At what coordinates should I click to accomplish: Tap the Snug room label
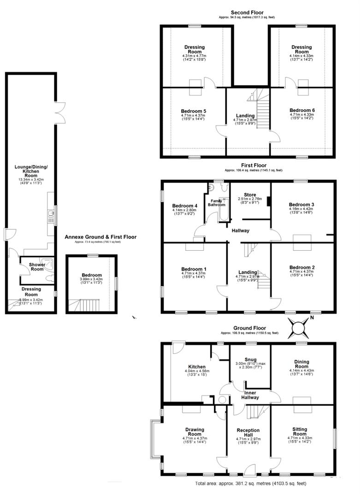(251, 359)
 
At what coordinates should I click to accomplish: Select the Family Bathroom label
(216, 203)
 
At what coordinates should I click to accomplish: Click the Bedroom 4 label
(184, 206)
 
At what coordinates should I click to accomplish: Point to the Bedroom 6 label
(302, 110)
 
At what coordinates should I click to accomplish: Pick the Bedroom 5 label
(193, 111)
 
